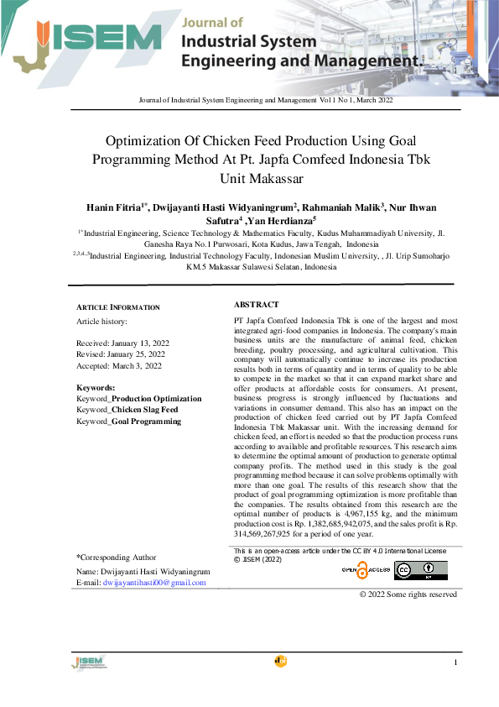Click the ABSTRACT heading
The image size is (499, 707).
[256, 305]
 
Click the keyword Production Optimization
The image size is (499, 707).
[157, 399]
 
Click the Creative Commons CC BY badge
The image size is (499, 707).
[420, 570]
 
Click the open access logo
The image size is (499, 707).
[366, 570]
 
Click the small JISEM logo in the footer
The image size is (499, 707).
[88, 663]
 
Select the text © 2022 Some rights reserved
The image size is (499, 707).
[408, 594]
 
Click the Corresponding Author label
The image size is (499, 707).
[117, 557]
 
